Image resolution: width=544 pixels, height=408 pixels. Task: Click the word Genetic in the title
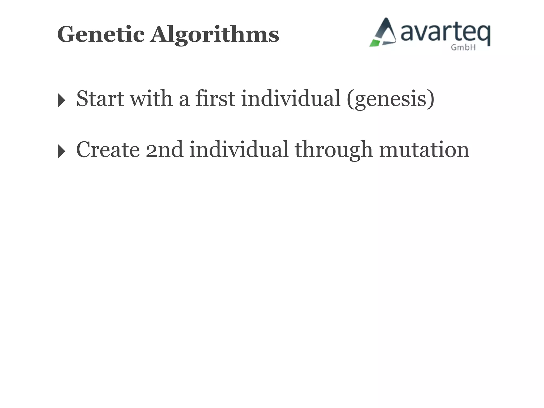(101, 35)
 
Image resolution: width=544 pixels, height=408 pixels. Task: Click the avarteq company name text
(445, 33)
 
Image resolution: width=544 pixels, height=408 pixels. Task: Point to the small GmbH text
(463, 48)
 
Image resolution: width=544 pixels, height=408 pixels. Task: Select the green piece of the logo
(375, 43)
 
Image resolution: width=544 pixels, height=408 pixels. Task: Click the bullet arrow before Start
(61, 100)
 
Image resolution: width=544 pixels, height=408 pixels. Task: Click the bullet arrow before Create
(61, 151)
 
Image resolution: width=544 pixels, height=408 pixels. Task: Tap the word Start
(100, 99)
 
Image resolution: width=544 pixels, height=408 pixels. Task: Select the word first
(215, 99)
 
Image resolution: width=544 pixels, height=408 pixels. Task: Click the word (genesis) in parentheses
(390, 99)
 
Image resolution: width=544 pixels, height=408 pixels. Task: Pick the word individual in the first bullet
(291, 99)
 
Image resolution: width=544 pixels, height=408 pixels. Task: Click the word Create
(108, 150)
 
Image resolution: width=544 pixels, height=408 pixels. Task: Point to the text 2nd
(164, 150)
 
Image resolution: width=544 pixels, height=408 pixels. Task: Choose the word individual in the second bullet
(239, 150)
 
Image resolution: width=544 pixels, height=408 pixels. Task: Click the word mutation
(424, 150)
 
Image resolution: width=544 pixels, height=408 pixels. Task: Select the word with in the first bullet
(151, 99)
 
